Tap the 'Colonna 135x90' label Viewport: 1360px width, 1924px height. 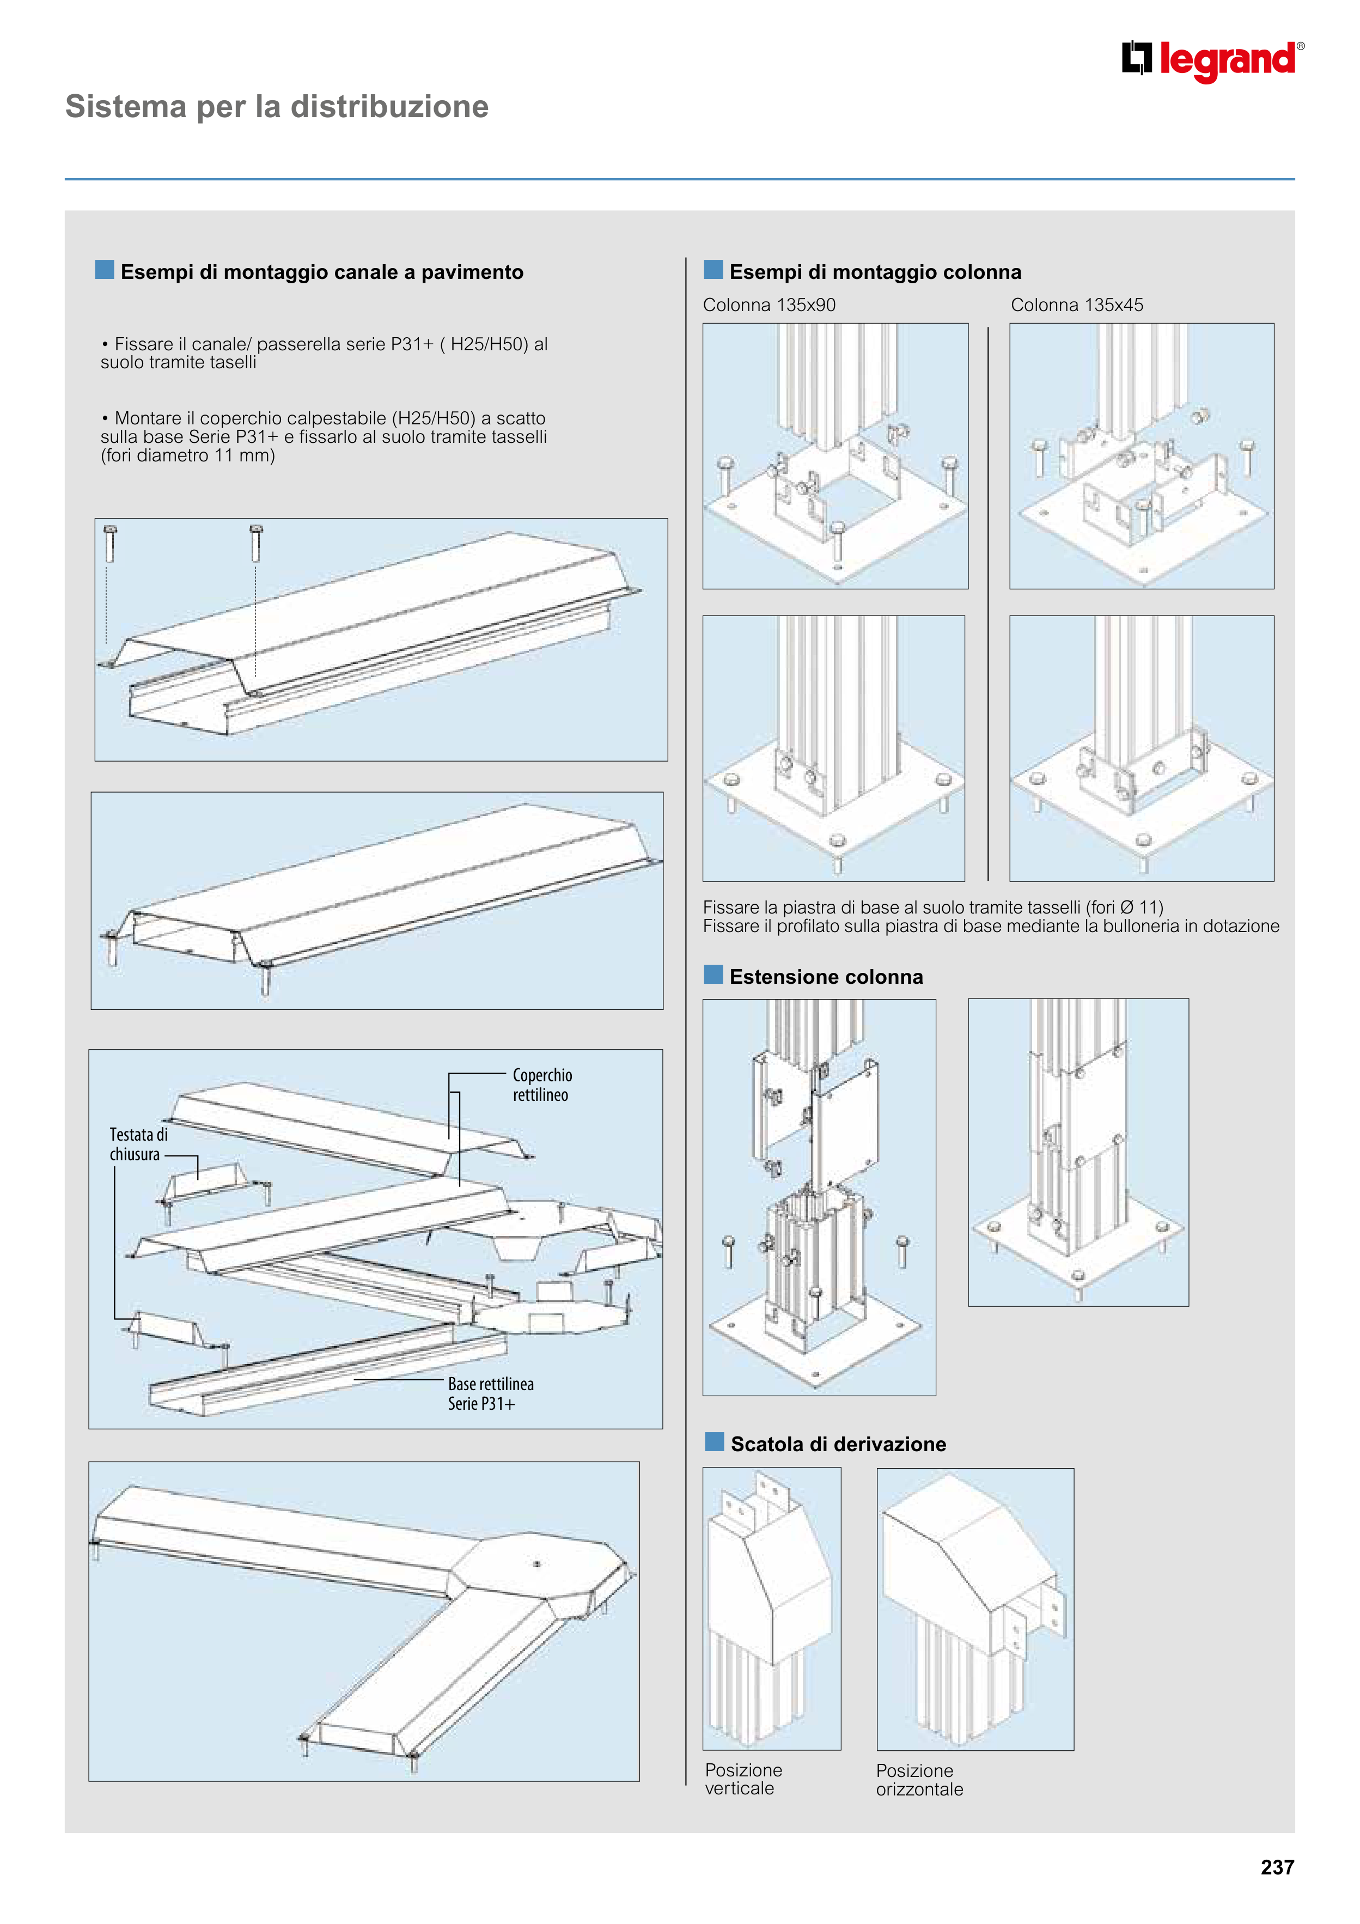pos(769,305)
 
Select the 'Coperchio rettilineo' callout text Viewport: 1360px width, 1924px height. pos(541,1085)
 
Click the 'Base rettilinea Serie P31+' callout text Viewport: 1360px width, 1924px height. pos(490,1393)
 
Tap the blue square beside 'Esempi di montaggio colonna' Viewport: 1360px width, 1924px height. pos(713,270)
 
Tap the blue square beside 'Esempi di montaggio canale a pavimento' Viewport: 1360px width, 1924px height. pos(105,270)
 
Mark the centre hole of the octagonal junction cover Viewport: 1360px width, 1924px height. pos(537,1564)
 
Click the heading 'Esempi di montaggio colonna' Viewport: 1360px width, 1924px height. pos(875,272)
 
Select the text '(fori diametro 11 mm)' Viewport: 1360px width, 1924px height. pos(188,456)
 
